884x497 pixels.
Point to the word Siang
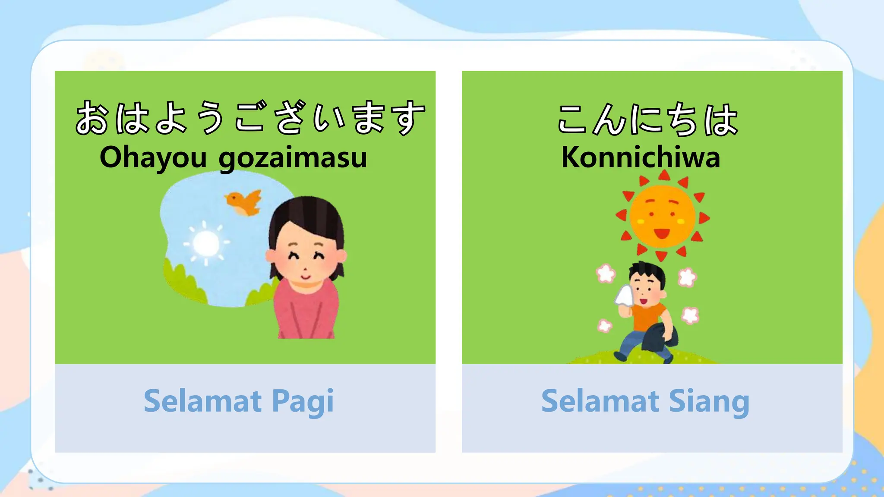[709, 401]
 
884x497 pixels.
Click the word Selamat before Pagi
[202, 401]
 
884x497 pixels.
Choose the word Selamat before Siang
[600, 401]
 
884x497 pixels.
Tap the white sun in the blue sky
[205, 243]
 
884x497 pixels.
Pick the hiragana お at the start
[92, 117]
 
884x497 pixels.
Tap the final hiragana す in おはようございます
[407, 117]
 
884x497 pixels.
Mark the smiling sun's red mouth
[661, 234]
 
